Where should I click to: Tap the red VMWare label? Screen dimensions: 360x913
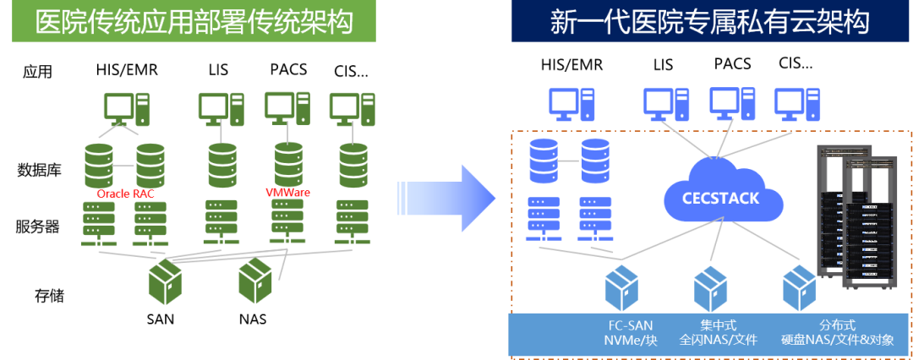click(x=287, y=193)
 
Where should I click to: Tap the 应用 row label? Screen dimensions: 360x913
click(x=37, y=72)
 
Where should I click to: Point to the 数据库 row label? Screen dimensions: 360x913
click(x=39, y=170)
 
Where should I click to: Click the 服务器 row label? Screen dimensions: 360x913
click(x=37, y=226)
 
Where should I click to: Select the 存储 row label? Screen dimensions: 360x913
click(x=49, y=296)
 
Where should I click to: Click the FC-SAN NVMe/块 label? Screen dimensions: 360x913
click(x=631, y=332)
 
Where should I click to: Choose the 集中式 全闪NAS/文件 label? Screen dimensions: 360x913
click(x=719, y=332)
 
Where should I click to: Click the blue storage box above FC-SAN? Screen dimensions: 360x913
click(x=627, y=290)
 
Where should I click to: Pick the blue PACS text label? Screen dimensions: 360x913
click(x=732, y=64)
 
